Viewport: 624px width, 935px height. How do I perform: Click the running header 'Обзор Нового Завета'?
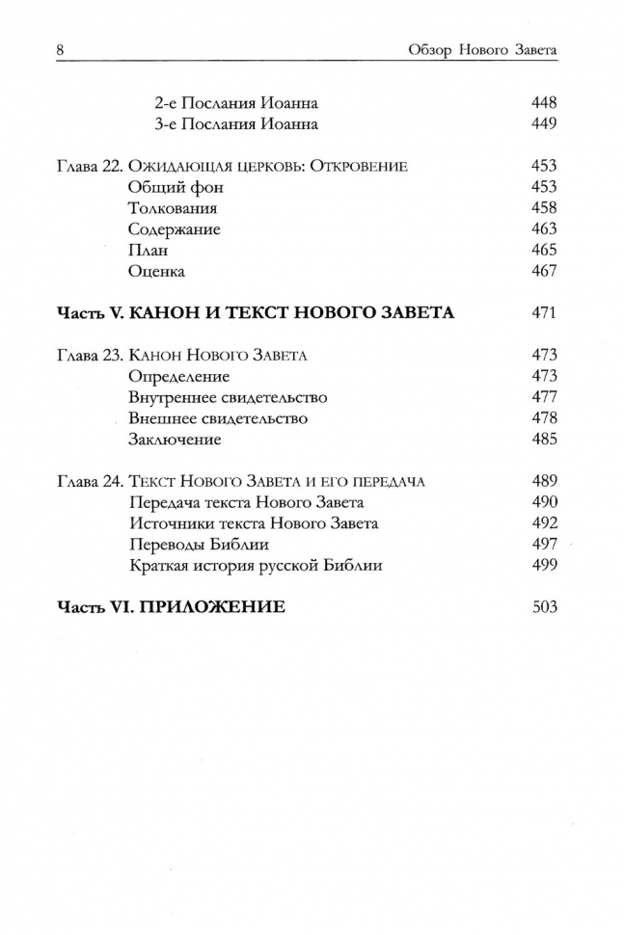pyautogui.click(x=479, y=48)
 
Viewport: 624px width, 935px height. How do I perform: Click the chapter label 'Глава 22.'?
pyautogui.click(x=89, y=167)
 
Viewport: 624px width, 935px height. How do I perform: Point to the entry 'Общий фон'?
pyautogui.click(x=171, y=188)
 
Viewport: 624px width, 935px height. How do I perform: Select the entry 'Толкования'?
pyautogui.click(x=173, y=208)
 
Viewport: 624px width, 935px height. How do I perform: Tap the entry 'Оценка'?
pyautogui.click(x=156, y=272)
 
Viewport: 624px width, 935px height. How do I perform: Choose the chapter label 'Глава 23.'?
pyautogui.click(x=89, y=356)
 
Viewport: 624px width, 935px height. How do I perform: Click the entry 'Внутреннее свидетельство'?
pyautogui.click(x=228, y=397)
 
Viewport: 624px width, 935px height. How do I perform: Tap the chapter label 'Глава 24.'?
pyautogui.click(x=89, y=482)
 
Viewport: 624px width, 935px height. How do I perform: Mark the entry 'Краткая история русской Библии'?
pyautogui.click(x=256, y=566)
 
